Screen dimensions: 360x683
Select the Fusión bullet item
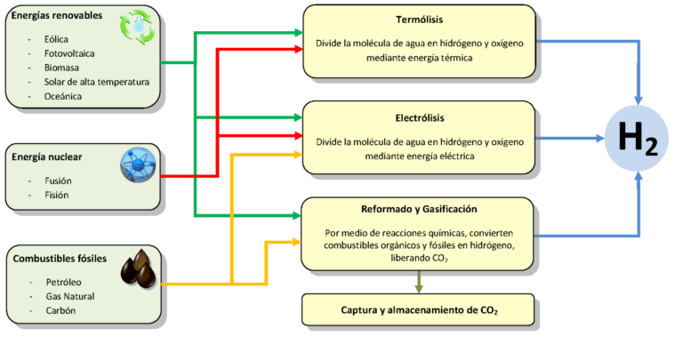point(59,180)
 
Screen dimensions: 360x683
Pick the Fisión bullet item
point(58,195)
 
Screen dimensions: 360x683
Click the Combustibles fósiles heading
point(60,259)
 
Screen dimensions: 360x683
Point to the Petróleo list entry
point(64,282)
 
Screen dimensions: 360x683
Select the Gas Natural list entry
point(69,296)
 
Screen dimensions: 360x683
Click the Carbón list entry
point(60,310)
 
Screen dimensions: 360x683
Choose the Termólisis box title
point(419,20)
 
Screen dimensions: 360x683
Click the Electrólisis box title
point(419,116)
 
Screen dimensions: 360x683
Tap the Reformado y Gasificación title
point(419,210)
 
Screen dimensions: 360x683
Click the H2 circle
point(638,139)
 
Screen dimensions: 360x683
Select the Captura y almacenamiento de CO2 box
point(419,310)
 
